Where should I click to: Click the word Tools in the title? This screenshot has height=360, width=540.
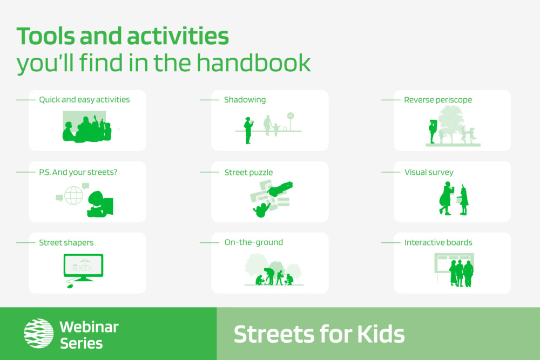point(45,36)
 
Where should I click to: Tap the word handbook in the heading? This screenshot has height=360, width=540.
point(253,63)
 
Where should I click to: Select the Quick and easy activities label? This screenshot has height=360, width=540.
point(84,100)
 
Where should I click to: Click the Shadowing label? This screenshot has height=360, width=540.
point(245,100)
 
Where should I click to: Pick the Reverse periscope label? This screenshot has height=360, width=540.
point(438,100)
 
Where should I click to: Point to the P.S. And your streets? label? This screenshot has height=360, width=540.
point(78,172)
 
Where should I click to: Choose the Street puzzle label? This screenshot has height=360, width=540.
point(248,172)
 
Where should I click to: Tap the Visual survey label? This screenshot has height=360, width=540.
point(429,172)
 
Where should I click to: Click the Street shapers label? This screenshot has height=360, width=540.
point(66,243)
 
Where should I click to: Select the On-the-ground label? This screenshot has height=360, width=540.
point(254,242)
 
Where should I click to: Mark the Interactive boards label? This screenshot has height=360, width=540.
point(438,242)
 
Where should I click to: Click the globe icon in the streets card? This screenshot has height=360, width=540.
point(73,195)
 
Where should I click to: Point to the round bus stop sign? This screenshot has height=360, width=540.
point(291,116)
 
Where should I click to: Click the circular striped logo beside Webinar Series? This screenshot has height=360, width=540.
point(38,333)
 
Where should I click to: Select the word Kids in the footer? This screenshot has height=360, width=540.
point(381,334)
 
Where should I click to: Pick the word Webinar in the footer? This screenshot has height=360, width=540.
point(89,327)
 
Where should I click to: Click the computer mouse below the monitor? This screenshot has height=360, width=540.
point(70,286)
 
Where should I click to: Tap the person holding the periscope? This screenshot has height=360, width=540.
point(433,132)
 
